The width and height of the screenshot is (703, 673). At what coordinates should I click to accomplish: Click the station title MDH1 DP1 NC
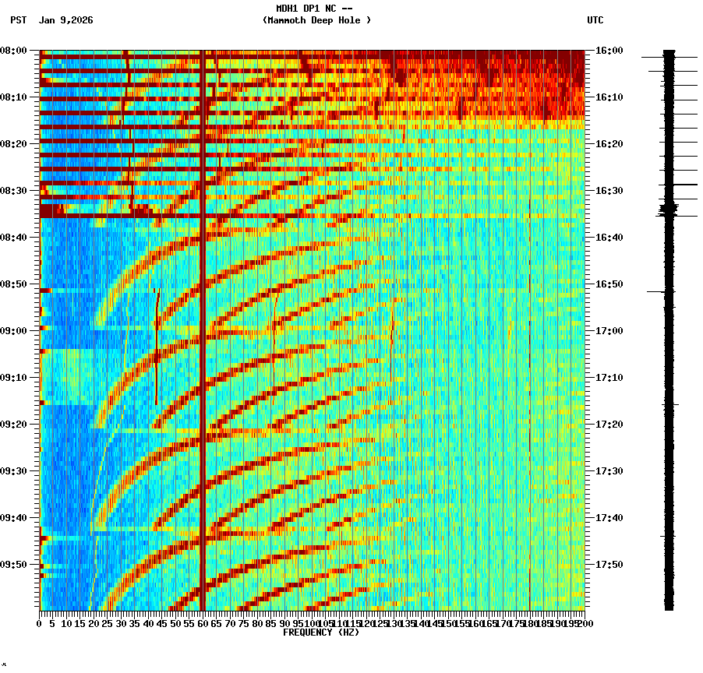click(x=316, y=9)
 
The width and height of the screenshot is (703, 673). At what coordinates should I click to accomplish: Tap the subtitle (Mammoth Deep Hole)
click(x=316, y=20)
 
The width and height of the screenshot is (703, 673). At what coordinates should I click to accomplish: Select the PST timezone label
click(x=19, y=20)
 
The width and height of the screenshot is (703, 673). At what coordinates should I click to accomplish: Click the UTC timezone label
click(x=595, y=20)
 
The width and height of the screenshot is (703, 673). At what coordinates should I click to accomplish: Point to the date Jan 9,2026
click(x=65, y=20)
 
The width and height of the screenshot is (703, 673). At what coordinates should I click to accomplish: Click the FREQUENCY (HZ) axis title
click(x=320, y=632)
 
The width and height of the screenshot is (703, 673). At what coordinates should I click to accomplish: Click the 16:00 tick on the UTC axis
click(x=609, y=51)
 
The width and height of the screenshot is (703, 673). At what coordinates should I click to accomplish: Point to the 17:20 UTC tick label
click(x=609, y=425)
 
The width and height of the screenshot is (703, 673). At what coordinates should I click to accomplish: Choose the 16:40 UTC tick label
click(x=609, y=238)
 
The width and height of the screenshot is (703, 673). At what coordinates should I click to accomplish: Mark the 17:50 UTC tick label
click(x=609, y=565)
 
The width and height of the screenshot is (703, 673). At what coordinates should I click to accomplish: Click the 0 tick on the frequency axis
click(x=40, y=623)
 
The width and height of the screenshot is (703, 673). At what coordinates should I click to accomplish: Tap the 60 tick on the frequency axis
click(x=203, y=623)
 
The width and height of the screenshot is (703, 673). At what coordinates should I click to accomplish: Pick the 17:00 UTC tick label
click(x=609, y=331)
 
